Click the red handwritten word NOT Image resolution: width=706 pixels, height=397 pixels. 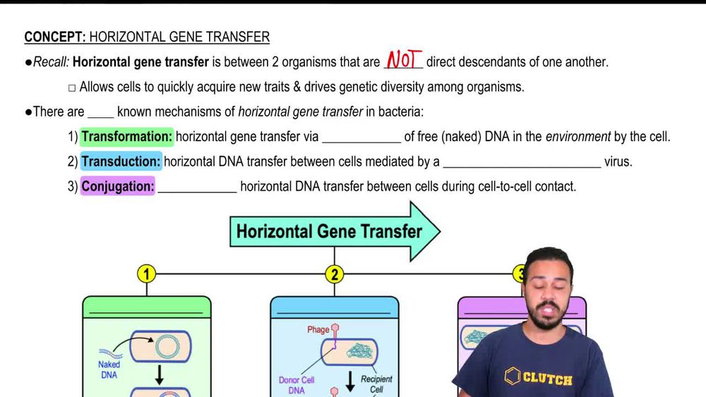pos(403,61)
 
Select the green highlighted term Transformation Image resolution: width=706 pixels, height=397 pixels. pos(127,136)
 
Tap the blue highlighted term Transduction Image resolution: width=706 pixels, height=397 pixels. pos(121,162)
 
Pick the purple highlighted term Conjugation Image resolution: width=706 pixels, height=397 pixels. pos(117,186)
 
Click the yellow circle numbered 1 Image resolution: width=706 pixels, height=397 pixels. pos(146,273)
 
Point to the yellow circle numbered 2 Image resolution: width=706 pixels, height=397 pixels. pos(335,273)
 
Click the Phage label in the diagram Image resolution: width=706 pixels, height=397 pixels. pos(318,330)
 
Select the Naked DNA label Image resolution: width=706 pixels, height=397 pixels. pos(109,369)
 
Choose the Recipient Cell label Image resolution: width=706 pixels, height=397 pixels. pos(376,384)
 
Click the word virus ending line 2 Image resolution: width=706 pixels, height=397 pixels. pos(618,162)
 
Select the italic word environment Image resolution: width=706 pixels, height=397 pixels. pos(578,136)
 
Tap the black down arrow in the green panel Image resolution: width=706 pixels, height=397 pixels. pos(160,376)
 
